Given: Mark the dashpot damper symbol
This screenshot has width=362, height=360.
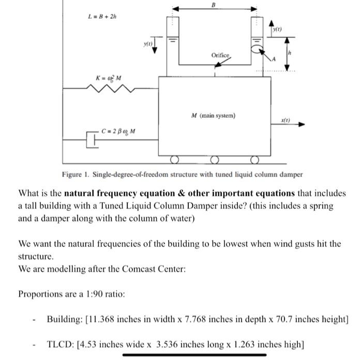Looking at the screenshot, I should pos(93,139).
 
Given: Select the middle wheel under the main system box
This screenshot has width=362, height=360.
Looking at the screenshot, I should pos(214,159).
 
